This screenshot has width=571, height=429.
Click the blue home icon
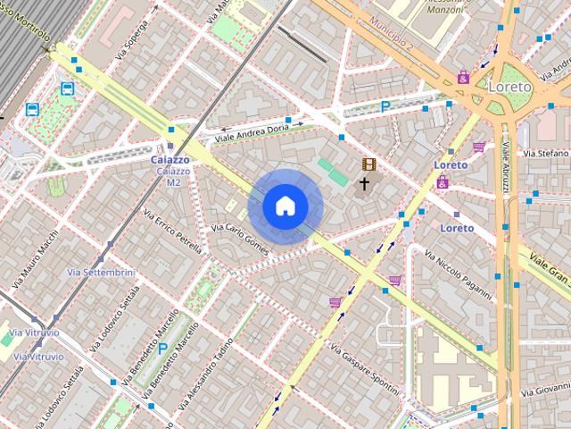tap(285, 206)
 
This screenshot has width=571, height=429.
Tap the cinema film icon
tap(368, 164)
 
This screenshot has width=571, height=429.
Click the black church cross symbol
tap(364, 185)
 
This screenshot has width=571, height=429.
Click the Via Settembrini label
tap(101, 272)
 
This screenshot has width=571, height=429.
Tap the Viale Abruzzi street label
tap(506, 170)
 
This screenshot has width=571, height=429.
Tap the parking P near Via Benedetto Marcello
tap(162, 349)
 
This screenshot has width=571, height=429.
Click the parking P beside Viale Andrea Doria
tap(385, 106)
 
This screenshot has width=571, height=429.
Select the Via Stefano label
tap(546, 154)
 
